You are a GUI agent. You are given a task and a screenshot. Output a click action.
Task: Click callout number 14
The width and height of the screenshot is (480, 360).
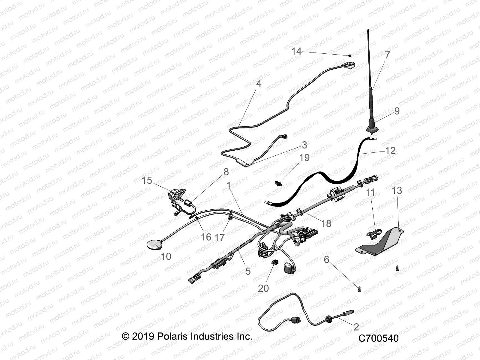tap(296, 51)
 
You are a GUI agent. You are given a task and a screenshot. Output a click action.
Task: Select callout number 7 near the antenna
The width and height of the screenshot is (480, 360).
tap(387, 55)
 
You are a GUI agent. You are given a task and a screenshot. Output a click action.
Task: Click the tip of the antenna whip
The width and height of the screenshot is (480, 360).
tap(368, 30)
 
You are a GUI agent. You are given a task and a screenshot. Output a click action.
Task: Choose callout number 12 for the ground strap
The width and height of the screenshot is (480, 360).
tap(390, 150)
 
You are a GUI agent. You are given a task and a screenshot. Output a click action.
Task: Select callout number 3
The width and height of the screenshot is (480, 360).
tap(304, 145)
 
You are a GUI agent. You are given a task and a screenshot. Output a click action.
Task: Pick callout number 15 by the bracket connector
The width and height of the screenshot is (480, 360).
tap(147, 180)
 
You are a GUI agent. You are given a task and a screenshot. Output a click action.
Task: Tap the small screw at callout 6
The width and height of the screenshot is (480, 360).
tap(360, 289)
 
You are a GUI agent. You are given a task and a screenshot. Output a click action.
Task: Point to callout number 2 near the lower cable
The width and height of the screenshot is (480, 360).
tap(356, 327)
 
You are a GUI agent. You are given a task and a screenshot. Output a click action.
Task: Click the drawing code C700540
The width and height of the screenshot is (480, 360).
tap(378, 338)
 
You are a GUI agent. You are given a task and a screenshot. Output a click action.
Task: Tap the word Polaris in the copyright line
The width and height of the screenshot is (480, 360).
tap(172, 336)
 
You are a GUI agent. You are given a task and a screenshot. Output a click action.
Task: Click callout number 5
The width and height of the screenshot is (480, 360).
tap(248, 271)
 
